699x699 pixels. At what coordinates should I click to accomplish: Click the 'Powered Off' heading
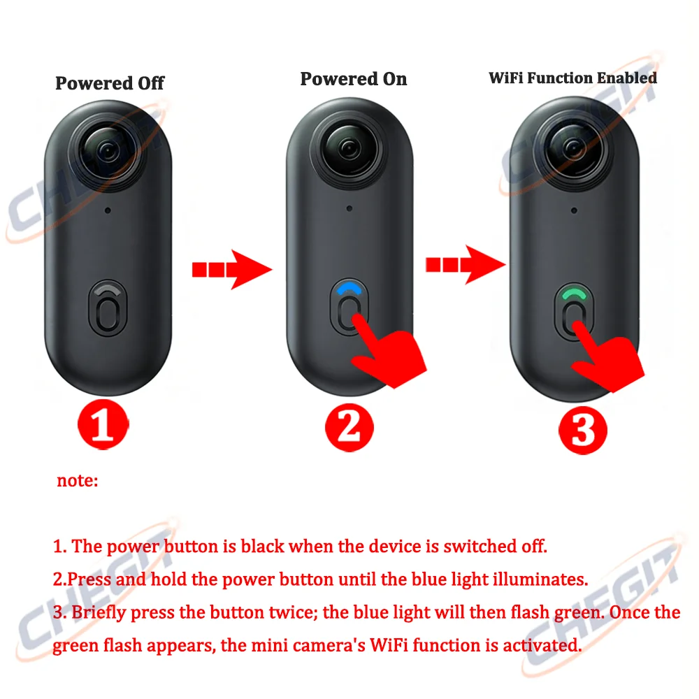click(110, 83)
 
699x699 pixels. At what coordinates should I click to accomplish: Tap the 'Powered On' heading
click(353, 79)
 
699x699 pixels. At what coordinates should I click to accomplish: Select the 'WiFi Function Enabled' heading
click(572, 78)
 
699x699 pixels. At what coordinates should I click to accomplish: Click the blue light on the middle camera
click(350, 288)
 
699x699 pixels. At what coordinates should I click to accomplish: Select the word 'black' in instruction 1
click(261, 546)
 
